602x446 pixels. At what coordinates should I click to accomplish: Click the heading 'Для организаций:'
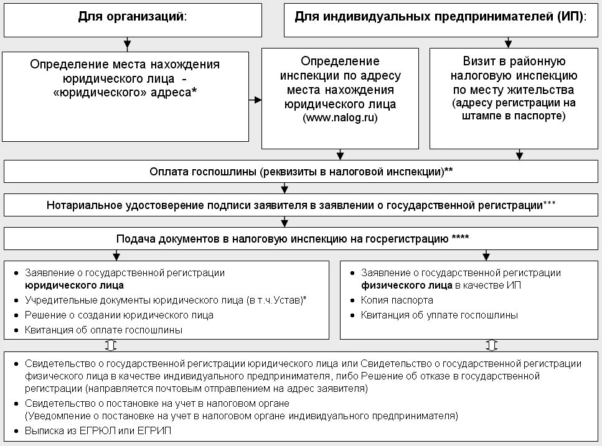[132, 17]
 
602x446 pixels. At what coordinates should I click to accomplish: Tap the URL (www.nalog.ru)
[340, 117]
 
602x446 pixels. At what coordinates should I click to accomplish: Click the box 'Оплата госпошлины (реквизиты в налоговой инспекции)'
[300, 172]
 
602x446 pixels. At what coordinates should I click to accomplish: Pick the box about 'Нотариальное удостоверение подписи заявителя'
[300, 205]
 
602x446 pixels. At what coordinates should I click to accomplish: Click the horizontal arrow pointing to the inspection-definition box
[255, 99]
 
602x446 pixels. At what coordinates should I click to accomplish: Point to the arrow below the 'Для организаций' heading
[127, 44]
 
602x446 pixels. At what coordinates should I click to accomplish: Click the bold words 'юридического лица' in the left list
[74, 286]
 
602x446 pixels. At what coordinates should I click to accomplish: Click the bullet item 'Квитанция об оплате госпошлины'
[103, 330]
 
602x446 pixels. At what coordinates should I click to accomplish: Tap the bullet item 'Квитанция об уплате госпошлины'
[439, 315]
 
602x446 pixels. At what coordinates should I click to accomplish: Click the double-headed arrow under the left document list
[111, 345]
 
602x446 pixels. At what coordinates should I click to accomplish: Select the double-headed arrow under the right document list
[491, 345]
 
